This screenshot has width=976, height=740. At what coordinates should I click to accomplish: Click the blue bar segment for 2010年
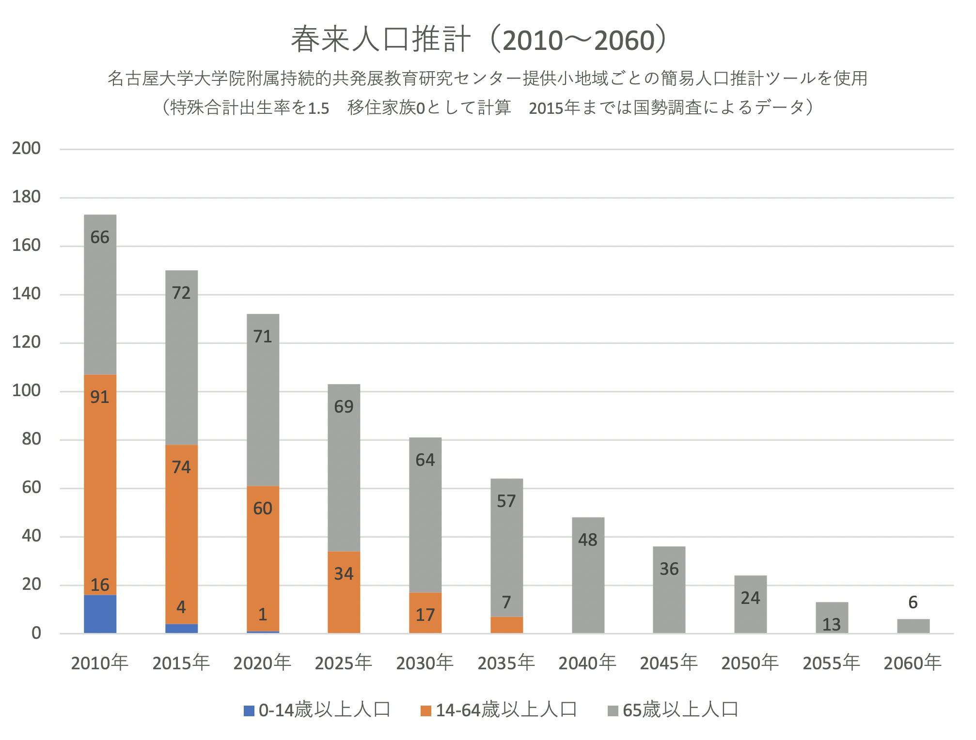coord(100,614)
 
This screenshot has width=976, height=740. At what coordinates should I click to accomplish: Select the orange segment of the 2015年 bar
coord(181,533)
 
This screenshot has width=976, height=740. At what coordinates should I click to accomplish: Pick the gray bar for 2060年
coord(913,626)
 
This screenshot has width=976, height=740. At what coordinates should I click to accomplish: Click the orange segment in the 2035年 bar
coord(506,625)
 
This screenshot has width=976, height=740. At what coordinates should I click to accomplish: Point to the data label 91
coord(100,397)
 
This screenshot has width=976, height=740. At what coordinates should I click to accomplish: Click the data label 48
coord(587,540)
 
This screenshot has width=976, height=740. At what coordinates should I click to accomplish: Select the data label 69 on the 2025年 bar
coord(344,407)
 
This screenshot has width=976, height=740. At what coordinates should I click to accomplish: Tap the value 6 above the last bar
coord(913,602)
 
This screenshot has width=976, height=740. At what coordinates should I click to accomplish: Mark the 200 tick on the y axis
coord(27,149)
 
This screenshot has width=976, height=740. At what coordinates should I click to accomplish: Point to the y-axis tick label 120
coord(27,342)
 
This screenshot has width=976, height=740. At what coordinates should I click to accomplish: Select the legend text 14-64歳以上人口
coord(506,710)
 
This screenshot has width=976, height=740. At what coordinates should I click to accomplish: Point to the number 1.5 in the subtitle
coord(318,108)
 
